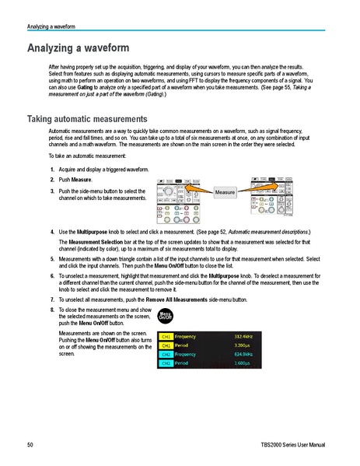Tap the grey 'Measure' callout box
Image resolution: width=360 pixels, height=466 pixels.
(x=225, y=191)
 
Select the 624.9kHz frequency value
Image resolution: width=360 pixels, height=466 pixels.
(x=244, y=354)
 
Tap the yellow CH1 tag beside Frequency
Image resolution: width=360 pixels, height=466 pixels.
(x=166, y=336)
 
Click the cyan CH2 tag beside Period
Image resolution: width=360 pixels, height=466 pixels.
(x=166, y=363)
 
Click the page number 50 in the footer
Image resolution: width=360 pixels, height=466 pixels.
(x=30, y=444)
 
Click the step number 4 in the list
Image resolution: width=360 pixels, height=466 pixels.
(x=52, y=232)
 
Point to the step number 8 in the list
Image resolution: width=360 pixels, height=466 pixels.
(x=52, y=309)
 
